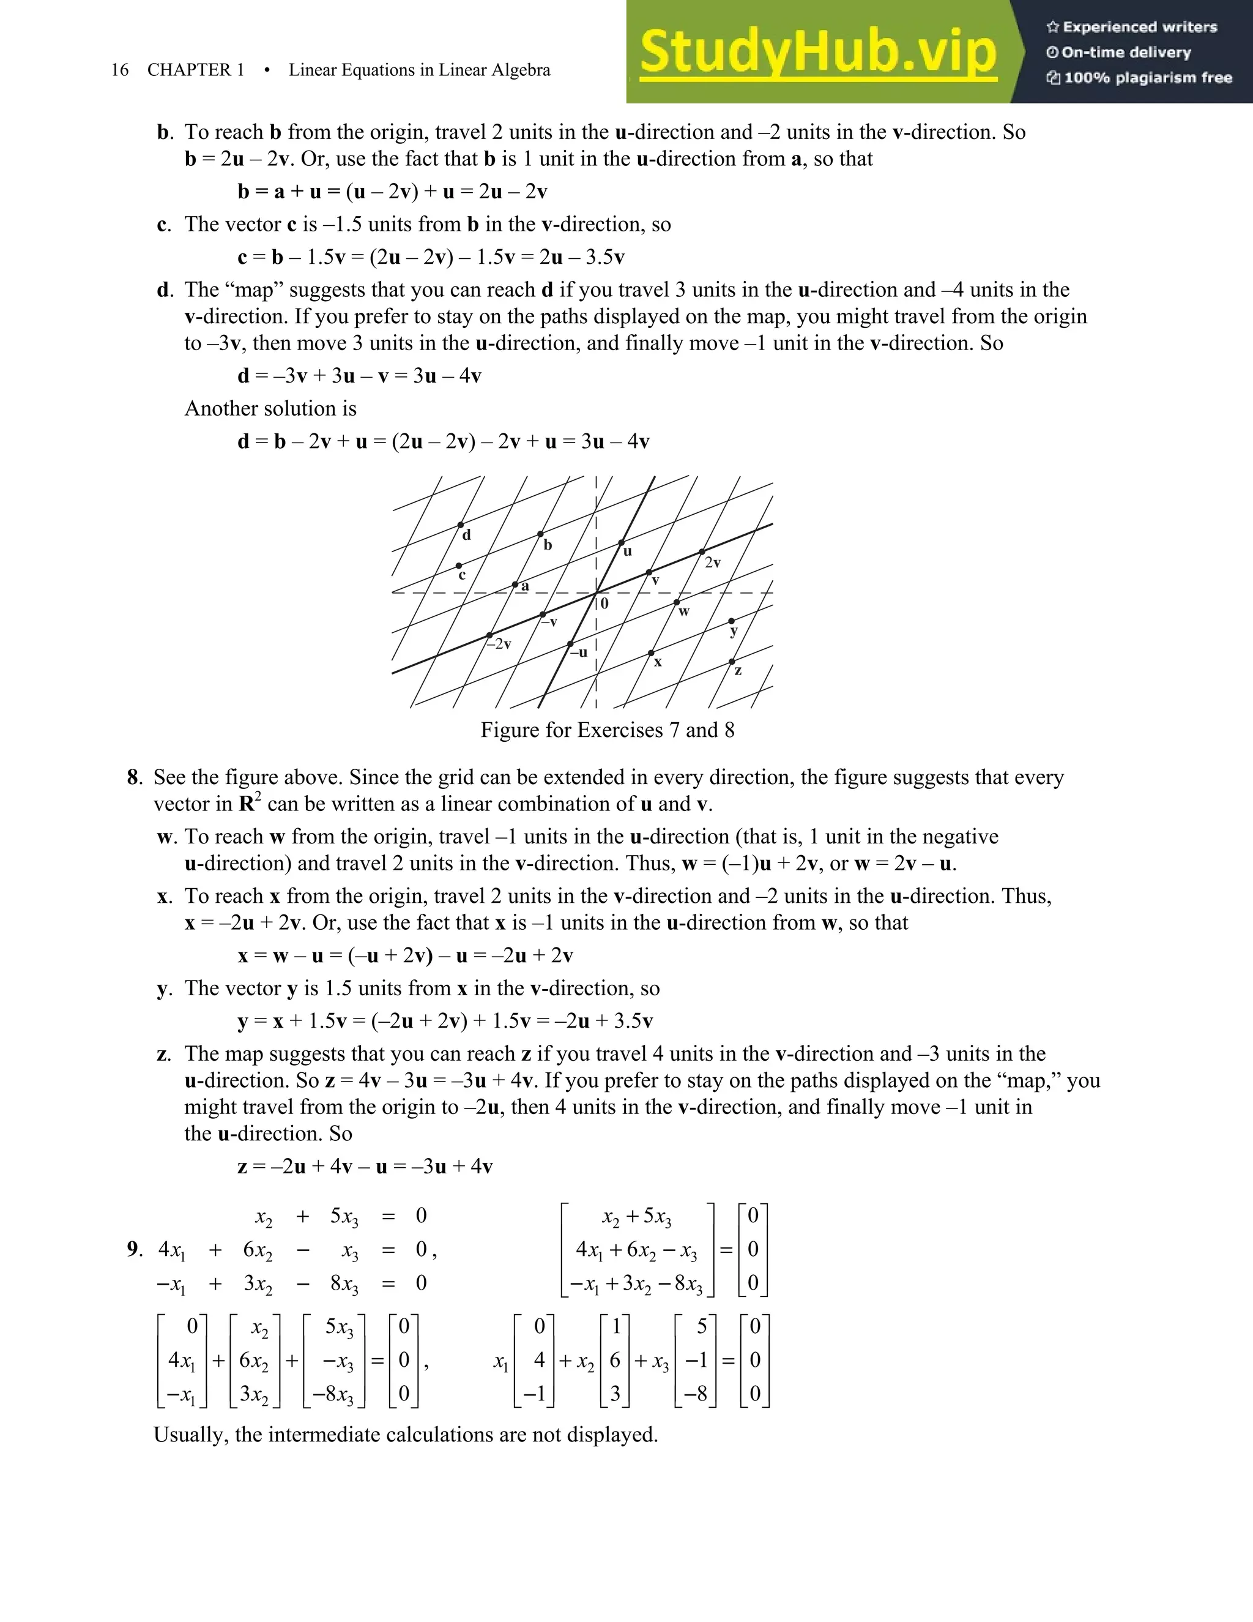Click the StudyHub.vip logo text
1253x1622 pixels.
coord(818,52)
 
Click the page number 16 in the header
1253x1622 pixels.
coord(119,70)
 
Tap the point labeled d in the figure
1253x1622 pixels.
coord(461,525)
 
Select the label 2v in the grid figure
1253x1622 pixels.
coord(713,563)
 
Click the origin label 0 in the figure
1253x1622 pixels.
coord(604,604)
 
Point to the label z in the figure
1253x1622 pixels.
coord(738,671)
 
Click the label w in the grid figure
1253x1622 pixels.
coord(683,612)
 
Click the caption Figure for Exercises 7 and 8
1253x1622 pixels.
coord(607,730)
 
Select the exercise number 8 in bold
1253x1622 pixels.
coord(133,777)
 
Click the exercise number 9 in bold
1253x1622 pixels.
coord(133,1249)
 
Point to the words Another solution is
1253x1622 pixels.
coord(270,408)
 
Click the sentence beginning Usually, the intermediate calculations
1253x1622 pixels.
coord(405,1434)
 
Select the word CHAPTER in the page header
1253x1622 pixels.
coord(188,70)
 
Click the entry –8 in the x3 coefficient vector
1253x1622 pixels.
coord(696,1394)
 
